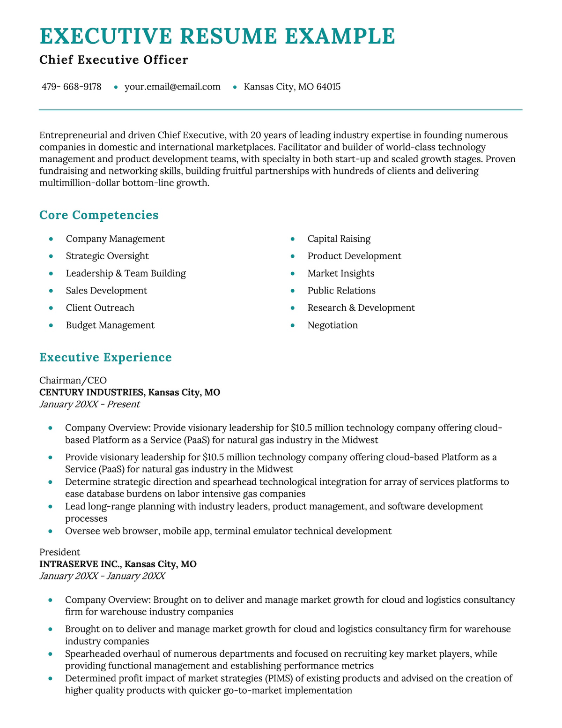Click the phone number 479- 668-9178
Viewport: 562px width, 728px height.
(72, 87)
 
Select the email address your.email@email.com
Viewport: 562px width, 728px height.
(172, 87)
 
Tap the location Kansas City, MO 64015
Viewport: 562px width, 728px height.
(292, 87)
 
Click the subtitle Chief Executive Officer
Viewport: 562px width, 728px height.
(114, 60)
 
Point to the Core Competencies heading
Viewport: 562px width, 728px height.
(99, 215)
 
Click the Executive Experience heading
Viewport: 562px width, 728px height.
(105, 358)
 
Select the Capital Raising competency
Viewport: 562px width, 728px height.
(339, 239)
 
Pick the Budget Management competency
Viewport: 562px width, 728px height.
(110, 325)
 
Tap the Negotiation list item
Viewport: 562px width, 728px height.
(333, 325)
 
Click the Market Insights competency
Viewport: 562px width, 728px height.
(341, 273)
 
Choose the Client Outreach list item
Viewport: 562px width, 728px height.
(100, 308)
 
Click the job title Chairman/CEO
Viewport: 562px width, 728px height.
(73, 380)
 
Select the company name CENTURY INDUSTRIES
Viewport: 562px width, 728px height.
(91, 392)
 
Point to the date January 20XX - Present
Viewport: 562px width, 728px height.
(89, 404)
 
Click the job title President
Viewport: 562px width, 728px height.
(60, 552)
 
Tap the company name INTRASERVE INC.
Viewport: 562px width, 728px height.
(80, 564)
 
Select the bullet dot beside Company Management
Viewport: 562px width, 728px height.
(51, 239)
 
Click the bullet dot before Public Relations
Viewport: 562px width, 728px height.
(293, 291)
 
